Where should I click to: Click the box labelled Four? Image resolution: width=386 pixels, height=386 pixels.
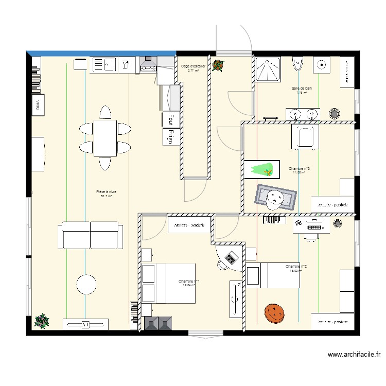[x=167, y=119]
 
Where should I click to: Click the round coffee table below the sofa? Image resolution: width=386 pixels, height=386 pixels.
[x=86, y=284]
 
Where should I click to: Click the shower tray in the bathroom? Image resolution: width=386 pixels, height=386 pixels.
[x=268, y=69]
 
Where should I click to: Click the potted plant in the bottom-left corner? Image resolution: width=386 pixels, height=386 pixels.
[x=41, y=322]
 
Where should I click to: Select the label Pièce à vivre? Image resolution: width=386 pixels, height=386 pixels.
[x=106, y=191]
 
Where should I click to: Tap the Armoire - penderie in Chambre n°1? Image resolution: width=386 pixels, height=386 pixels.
[x=189, y=225]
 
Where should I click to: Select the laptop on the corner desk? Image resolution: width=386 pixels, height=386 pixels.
[x=232, y=256]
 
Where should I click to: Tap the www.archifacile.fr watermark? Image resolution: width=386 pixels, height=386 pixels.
[x=355, y=354]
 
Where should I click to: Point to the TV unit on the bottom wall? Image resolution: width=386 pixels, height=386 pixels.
[x=85, y=324]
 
